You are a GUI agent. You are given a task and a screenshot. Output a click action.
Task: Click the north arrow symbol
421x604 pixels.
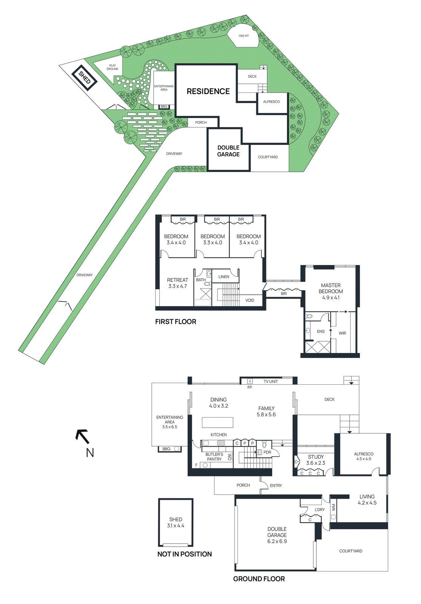(82, 436)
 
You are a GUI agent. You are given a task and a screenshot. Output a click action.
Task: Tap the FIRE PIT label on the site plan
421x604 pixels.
(244, 36)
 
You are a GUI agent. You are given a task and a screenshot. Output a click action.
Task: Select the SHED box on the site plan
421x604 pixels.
(85, 78)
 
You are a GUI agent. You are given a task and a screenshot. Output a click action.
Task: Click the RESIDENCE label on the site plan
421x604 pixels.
(208, 91)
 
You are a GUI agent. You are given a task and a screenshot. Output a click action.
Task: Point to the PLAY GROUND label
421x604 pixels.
(113, 67)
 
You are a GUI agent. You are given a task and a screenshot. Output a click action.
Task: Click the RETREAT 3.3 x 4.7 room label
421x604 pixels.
(177, 283)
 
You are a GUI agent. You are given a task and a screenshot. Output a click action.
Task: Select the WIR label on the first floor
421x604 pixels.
(342, 333)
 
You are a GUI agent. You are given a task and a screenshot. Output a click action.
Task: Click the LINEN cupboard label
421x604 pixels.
(224, 277)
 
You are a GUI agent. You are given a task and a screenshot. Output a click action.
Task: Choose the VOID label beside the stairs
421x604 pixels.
(250, 300)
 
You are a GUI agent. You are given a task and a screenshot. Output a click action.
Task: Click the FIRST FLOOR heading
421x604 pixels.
(176, 322)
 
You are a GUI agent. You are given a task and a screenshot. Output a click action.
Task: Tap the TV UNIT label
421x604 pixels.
(271, 382)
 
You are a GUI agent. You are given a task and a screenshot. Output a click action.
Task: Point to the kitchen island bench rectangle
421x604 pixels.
(217, 422)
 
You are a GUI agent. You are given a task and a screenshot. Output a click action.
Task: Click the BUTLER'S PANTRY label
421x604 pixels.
(214, 457)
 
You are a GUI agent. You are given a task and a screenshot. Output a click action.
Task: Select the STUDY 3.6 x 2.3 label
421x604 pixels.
(316, 460)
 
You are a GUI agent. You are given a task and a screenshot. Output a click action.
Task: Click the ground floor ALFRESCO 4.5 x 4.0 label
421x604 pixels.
(364, 456)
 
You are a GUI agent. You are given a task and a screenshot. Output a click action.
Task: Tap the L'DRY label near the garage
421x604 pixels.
(320, 510)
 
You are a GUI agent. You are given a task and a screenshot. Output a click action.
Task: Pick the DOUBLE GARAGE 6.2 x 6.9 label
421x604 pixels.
(277, 535)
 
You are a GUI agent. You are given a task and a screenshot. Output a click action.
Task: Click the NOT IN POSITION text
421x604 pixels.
(185, 554)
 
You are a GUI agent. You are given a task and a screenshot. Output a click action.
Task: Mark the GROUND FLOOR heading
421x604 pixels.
(259, 579)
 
